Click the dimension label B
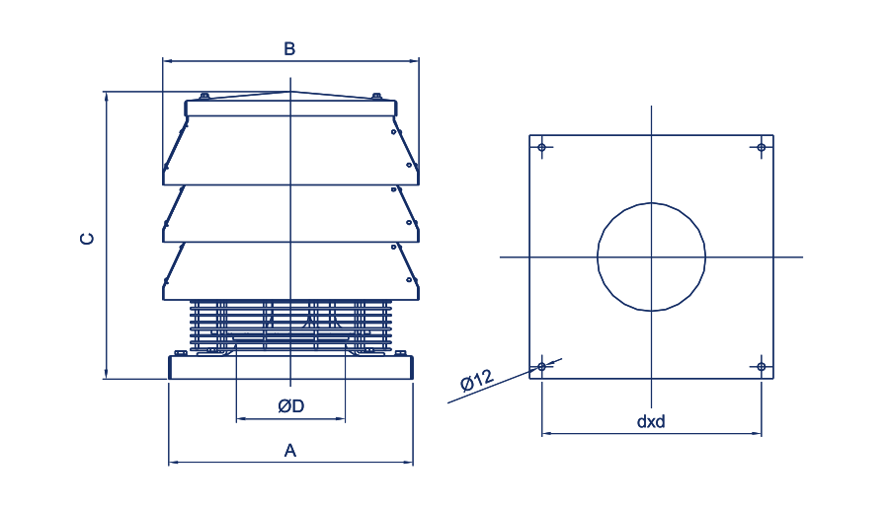[289, 48]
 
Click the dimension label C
[87, 239]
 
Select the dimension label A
[289, 451]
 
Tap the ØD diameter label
[290, 405]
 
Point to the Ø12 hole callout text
[477, 380]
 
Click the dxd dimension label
[651, 422]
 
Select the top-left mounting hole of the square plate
[541, 147]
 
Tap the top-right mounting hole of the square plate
[761, 147]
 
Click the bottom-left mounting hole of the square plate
[541, 367]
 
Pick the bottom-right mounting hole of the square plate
[761, 367]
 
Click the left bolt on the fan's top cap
[204, 97]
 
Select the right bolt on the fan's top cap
[376, 97]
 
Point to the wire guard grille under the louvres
[290, 327]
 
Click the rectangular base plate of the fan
[290, 367]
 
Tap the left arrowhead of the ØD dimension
[240, 419]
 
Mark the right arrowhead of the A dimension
[408, 463]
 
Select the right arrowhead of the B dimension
[414, 60]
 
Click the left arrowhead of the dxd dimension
[546, 434]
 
